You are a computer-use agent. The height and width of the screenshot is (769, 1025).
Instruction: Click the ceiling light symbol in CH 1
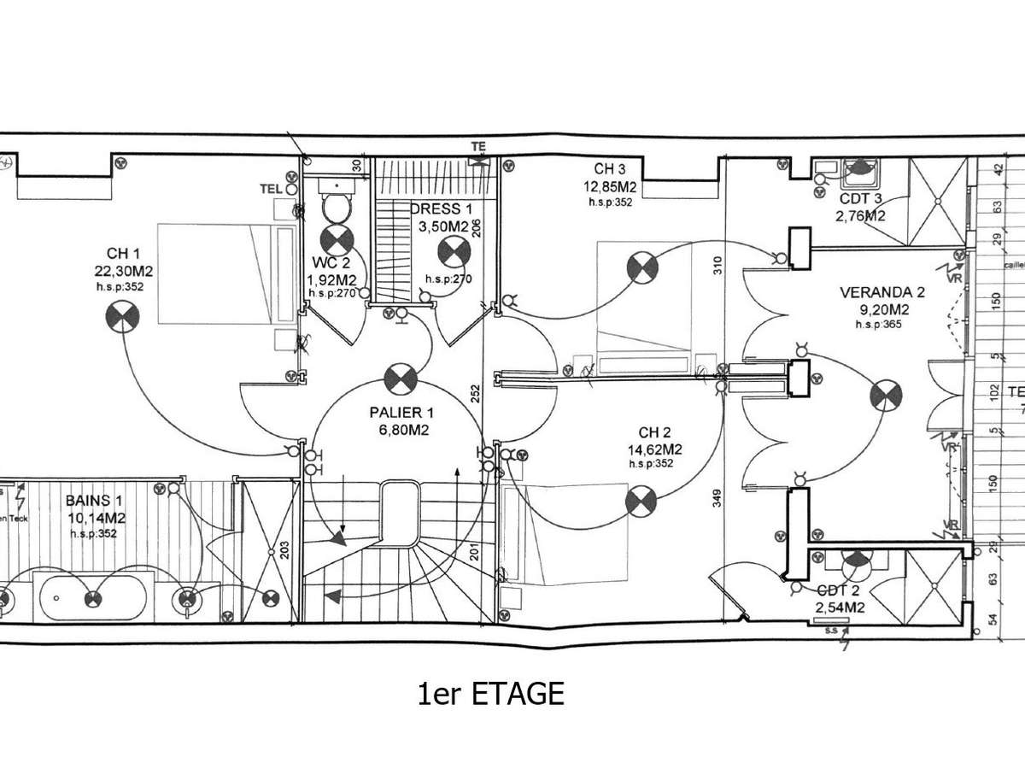(121, 318)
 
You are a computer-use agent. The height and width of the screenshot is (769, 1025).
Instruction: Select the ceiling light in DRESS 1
(452, 251)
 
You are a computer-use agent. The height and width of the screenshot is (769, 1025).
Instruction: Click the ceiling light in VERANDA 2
(885, 396)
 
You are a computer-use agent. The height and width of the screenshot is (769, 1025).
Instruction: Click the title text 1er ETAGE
(491, 694)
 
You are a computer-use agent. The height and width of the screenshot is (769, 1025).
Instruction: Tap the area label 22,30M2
(124, 271)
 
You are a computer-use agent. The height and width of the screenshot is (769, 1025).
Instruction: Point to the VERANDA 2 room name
(882, 292)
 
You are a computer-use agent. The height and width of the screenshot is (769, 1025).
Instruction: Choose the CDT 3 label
(861, 198)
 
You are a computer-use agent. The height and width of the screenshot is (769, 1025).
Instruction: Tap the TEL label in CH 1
(271, 189)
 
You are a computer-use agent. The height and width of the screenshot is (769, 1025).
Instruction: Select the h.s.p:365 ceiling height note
(880, 325)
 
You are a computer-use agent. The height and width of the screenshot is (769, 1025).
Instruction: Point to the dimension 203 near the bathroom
(285, 549)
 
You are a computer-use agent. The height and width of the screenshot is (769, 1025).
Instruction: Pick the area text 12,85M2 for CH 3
(610, 188)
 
